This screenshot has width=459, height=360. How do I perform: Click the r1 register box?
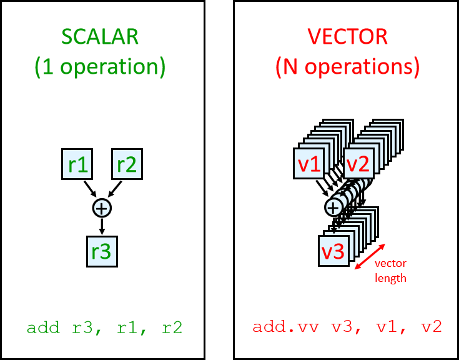[77, 164]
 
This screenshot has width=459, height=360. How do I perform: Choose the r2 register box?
[127, 164]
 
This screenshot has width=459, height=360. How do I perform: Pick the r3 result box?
[102, 251]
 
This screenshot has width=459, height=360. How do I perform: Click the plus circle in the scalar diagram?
[102, 207]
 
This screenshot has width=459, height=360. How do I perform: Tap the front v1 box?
[308, 164]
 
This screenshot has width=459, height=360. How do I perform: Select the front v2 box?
[358, 164]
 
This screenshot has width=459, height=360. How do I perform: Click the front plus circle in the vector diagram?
[333, 207]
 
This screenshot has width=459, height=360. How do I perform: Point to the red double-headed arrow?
[369, 256]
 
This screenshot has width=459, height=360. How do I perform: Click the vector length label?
[391, 271]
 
